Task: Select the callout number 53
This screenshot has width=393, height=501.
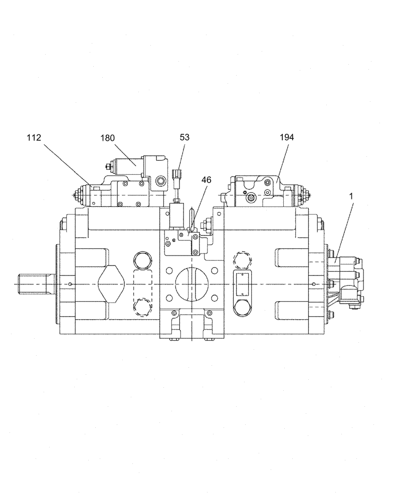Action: (185, 137)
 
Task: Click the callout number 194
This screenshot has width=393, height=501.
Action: (287, 137)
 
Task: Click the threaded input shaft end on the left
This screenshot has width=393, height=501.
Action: (32, 284)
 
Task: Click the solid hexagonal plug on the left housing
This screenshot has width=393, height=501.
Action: (142, 260)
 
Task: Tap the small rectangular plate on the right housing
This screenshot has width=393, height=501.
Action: (245, 284)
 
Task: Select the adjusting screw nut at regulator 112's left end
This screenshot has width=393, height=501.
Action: (79, 194)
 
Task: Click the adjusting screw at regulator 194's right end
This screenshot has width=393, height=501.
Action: (306, 193)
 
